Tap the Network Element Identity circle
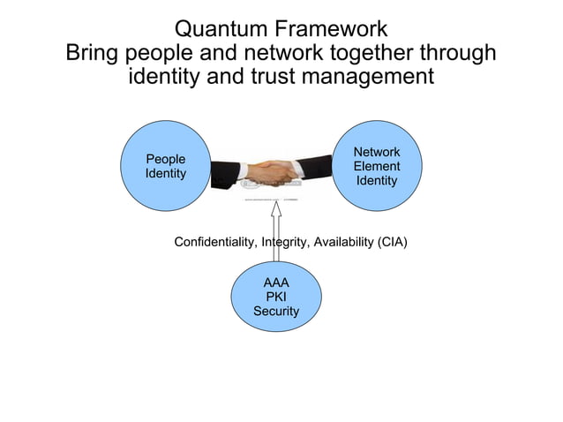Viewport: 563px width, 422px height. click(377, 167)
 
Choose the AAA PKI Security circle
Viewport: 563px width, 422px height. click(275, 298)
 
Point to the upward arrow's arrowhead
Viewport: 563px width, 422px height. click(275, 209)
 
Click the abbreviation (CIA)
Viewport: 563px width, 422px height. click(392, 242)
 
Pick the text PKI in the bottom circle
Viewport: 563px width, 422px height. click(275, 298)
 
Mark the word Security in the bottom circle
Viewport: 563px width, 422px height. click(275, 312)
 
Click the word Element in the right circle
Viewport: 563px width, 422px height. click(377, 167)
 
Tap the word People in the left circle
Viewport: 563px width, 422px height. click(165, 159)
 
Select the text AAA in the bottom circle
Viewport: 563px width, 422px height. click(275, 283)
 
